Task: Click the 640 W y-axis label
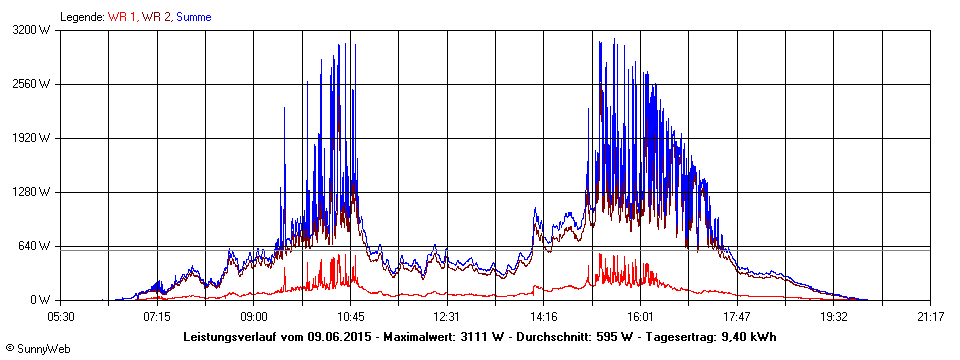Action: click(36, 246)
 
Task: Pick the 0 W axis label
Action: click(41, 300)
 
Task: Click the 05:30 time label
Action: click(61, 316)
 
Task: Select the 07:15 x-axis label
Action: click(157, 316)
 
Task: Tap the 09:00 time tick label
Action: click(254, 316)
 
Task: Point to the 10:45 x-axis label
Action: click(350, 316)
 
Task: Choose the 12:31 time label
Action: click(447, 316)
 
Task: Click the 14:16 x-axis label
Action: click(544, 316)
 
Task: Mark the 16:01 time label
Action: click(640, 316)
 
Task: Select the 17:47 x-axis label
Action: click(737, 316)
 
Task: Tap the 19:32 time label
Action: click(834, 316)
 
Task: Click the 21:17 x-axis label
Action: click(930, 316)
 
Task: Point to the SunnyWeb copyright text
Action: click(39, 349)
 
